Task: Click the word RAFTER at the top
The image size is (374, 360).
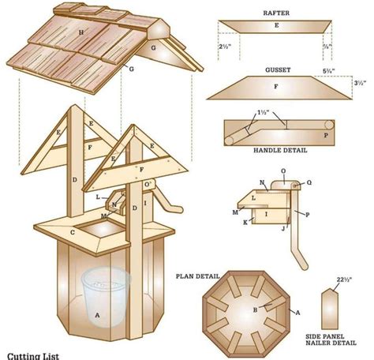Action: [275, 13]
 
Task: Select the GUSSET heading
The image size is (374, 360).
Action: [275, 69]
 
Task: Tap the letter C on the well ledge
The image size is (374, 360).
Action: [73, 231]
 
